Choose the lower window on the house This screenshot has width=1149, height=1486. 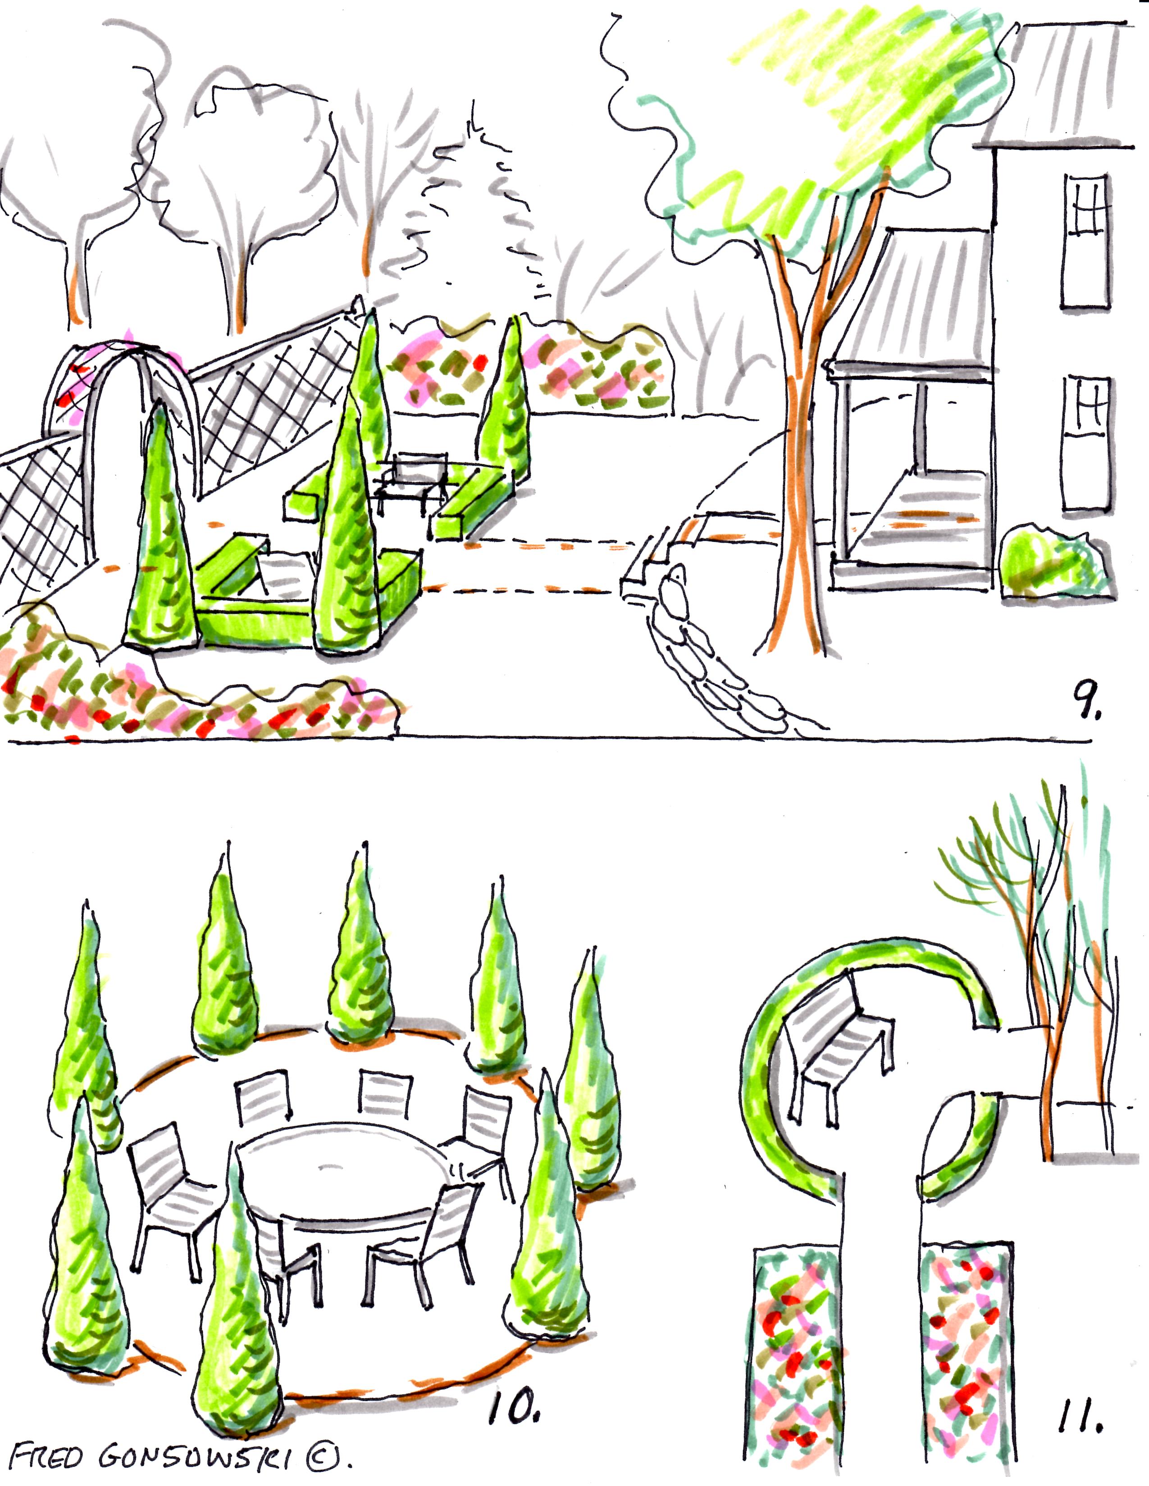tap(1088, 442)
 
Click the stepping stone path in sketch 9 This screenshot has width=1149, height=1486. tap(715, 653)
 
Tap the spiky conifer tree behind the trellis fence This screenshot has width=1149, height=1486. tap(476, 218)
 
